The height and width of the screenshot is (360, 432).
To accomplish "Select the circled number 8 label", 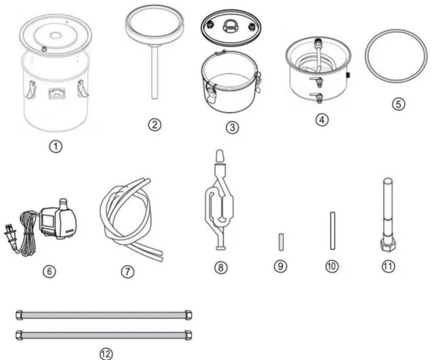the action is (x=221, y=268).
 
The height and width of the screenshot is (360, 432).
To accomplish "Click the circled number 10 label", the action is (x=332, y=266).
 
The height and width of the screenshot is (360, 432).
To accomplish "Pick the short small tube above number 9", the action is (x=281, y=242).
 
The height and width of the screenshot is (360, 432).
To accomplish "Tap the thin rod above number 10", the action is (x=333, y=230).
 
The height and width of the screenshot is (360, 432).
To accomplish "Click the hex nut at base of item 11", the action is (x=388, y=246).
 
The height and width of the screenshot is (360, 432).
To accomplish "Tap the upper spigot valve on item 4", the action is (x=317, y=81).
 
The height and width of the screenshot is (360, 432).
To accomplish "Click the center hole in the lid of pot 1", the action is (x=56, y=36).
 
